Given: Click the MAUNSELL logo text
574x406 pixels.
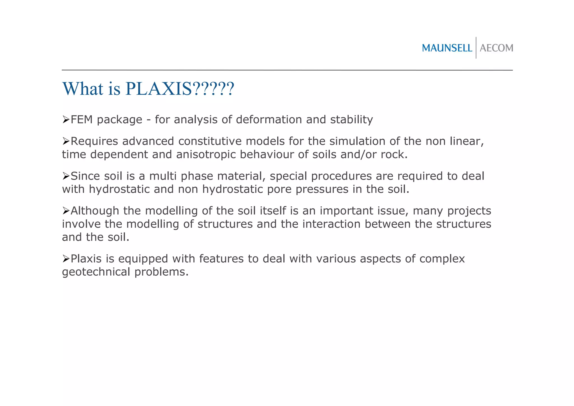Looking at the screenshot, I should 447,48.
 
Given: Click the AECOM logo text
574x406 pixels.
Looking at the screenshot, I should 496,48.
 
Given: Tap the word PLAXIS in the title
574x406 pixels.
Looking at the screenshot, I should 159,89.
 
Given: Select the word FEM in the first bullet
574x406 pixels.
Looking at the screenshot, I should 82,120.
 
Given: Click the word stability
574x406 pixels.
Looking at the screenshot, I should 351,120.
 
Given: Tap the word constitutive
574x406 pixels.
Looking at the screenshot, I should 210,141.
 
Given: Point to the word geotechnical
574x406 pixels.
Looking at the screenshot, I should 96,272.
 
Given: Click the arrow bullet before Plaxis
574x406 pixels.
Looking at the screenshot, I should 66,259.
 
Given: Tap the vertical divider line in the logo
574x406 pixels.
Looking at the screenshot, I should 476,48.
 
